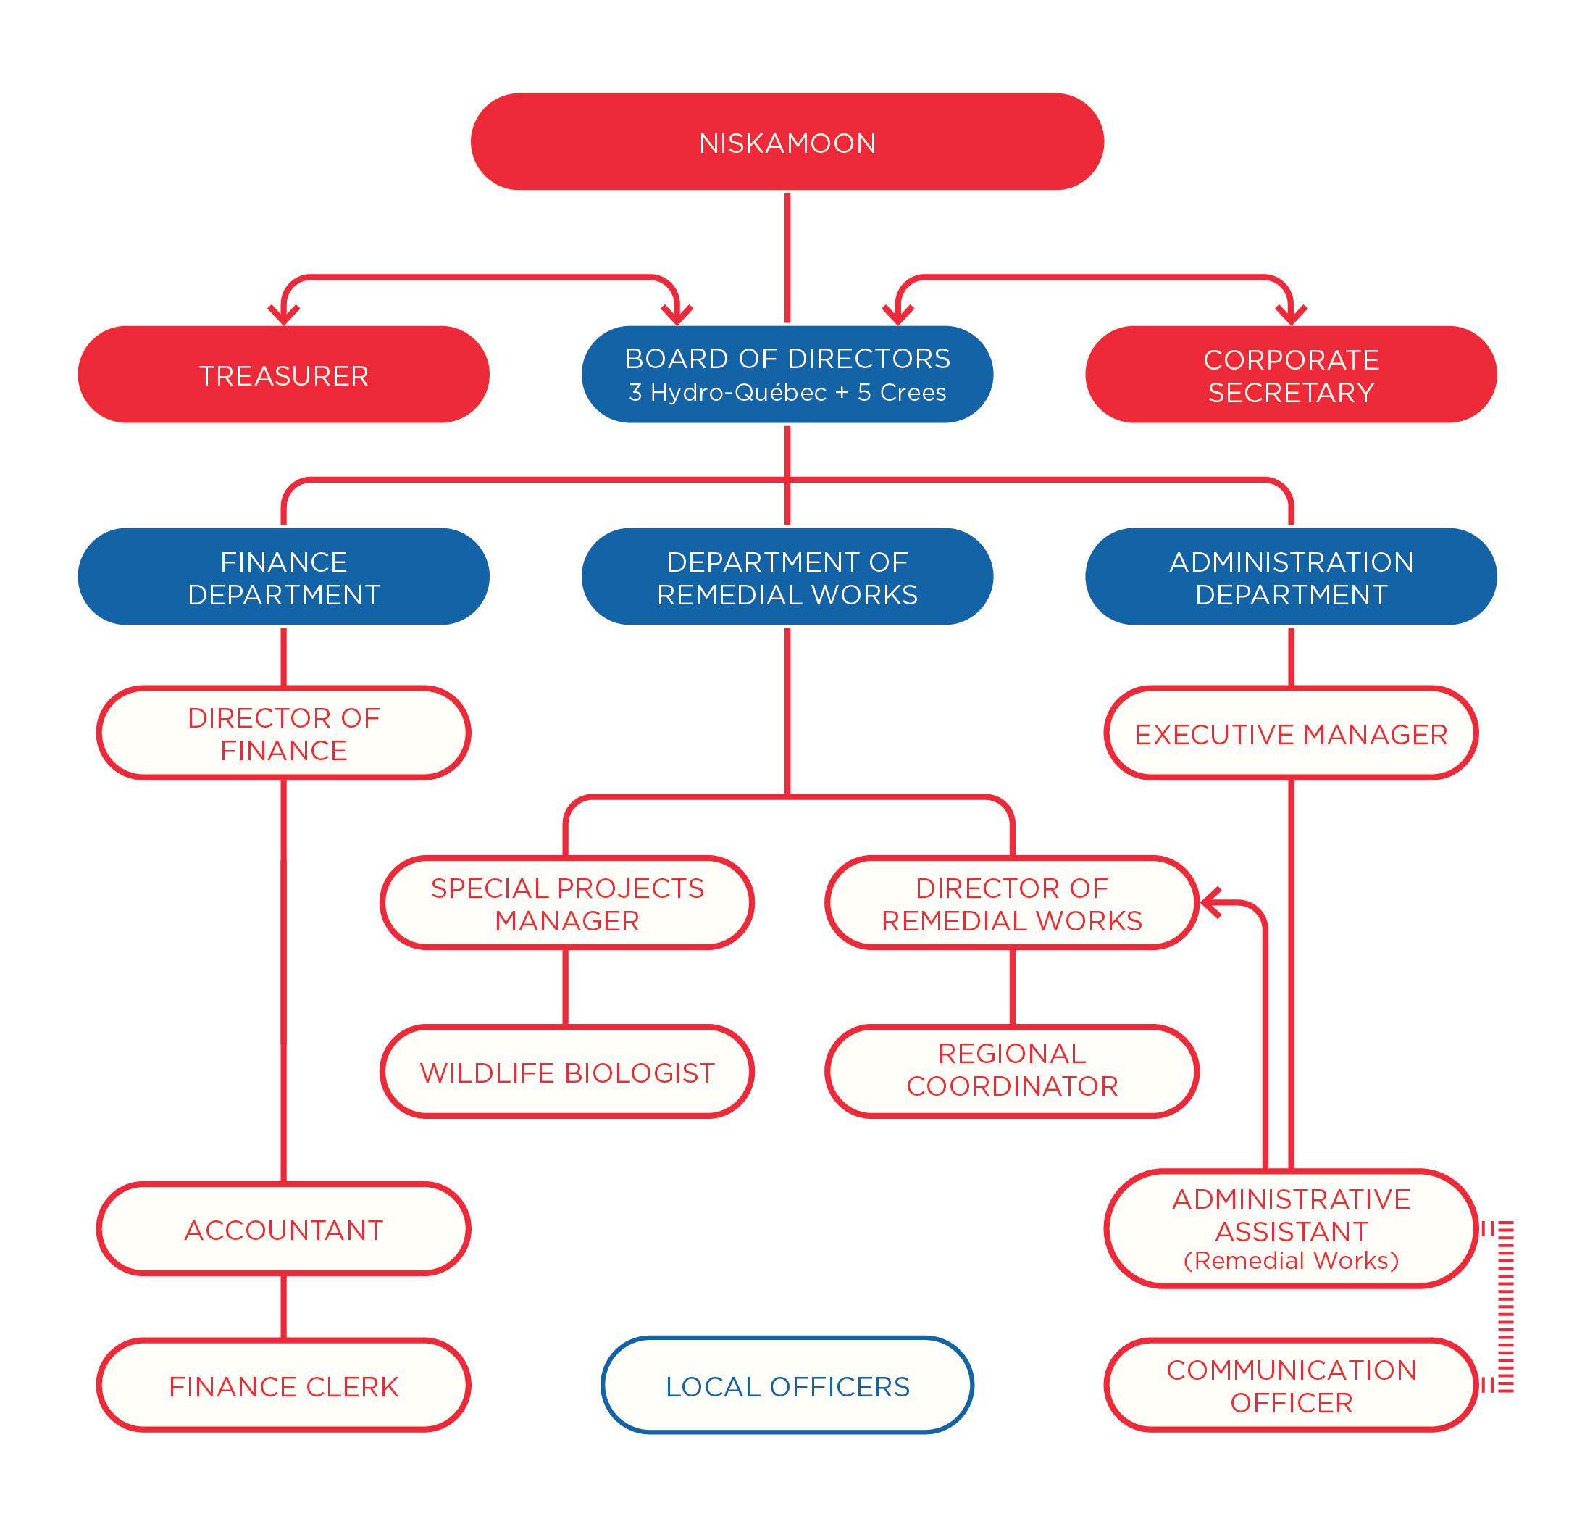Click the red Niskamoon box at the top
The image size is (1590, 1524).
coord(787,142)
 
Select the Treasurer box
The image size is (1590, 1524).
coord(283,374)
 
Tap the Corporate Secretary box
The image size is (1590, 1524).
coord(1291,374)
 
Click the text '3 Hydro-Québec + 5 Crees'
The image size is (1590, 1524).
coord(787,393)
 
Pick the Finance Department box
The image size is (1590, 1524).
coord(283,576)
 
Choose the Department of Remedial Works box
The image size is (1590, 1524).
coord(787,576)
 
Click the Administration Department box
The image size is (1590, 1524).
coord(1291,576)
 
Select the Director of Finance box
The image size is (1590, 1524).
coord(283,733)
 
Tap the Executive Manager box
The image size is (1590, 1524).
coord(1291,733)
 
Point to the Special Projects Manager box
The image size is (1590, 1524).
coord(567,902)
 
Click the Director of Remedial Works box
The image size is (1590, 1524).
coord(1012,902)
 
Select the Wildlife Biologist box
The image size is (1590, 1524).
coord(567,1071)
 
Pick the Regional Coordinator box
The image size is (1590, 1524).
coord(1012,1071)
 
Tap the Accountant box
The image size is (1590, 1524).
coord(283,1228)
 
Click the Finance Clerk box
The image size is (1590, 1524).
coord(283,1386)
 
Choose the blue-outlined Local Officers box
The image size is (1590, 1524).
coord(787,1386)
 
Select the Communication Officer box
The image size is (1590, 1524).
coord(1291,1386)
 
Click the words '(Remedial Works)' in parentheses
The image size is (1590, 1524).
coord(1291,1260)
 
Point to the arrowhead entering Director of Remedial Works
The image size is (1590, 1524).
coord(1210,902)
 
